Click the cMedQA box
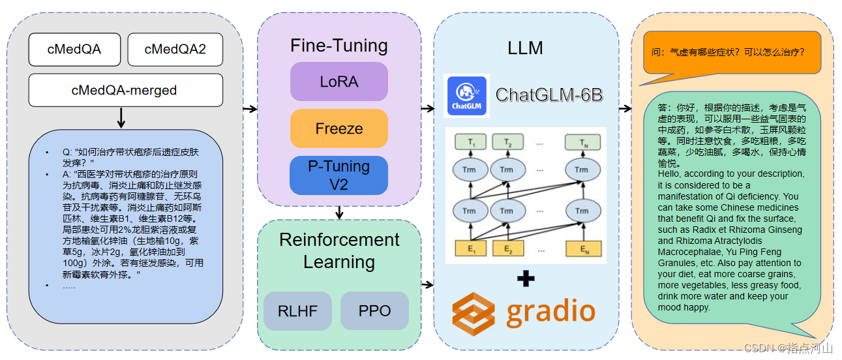coord(74,50)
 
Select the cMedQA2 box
coord(175,50)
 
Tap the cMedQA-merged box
coord(125,90)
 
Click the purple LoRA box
coord(338,82)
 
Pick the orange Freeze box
coord(338,128)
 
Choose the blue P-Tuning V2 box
coord(338,175)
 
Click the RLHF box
coord(298,311)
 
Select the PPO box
coord(374,310)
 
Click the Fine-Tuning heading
coord(338,46)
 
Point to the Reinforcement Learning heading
coord(339,250)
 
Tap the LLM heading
coord(525,48)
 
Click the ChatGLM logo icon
coord(466,96)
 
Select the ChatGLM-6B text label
coord(549,95)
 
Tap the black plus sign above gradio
coord(526,278)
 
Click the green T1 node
coord(469,143)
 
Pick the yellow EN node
coord(581,248)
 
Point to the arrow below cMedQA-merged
coord(121,119)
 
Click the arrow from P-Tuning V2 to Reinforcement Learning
coord(339,213)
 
